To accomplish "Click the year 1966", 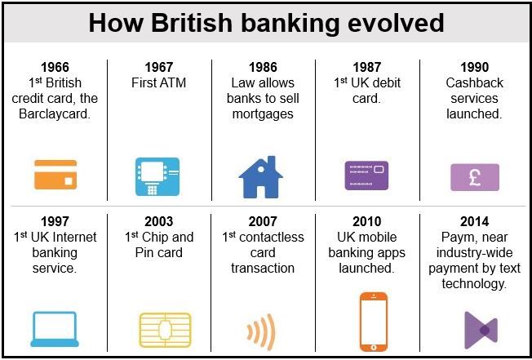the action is click(55, 67).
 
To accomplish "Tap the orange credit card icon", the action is click(55, 175).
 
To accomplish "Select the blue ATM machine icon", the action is click(157, 176).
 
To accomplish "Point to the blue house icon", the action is click(260, 177).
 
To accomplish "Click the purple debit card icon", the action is click(366, 176).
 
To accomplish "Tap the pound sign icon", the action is click(475, 177).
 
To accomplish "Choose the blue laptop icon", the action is click(55, 329).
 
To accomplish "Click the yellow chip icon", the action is click(166, 330).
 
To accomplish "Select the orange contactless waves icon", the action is click(261, 331).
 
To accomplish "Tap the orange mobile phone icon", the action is click(373, 322).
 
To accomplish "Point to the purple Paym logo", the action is click(481, 330).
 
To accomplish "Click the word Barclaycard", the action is click(55, 114).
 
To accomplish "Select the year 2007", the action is click(263, 221).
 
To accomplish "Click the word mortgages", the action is click(263, 114).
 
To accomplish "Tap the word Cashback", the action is click(474, 82).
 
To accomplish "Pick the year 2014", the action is click(474, 221).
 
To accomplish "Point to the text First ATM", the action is click(159, 82).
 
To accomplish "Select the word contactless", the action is click(272, 238).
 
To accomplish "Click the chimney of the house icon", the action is click(271, 161).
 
